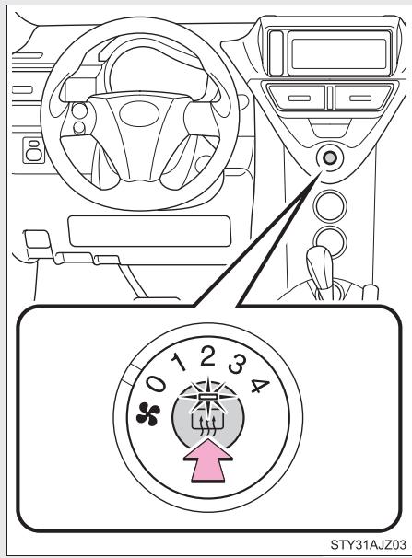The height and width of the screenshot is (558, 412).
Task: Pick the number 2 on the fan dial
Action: pos(208,355)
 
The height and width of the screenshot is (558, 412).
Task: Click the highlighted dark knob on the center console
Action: pos(328,159)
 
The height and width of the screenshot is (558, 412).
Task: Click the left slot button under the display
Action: pos(297,98)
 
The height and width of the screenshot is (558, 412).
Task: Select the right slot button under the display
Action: pos(355,97)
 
